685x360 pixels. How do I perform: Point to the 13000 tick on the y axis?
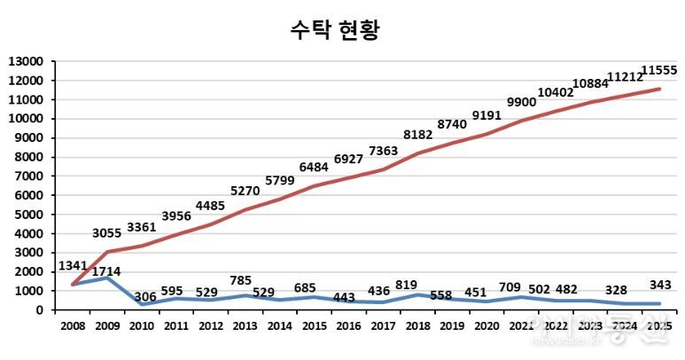tap(26, 62)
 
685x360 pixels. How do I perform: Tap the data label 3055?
tap(112, 233)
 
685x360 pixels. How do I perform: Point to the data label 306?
tap(145, 296)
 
